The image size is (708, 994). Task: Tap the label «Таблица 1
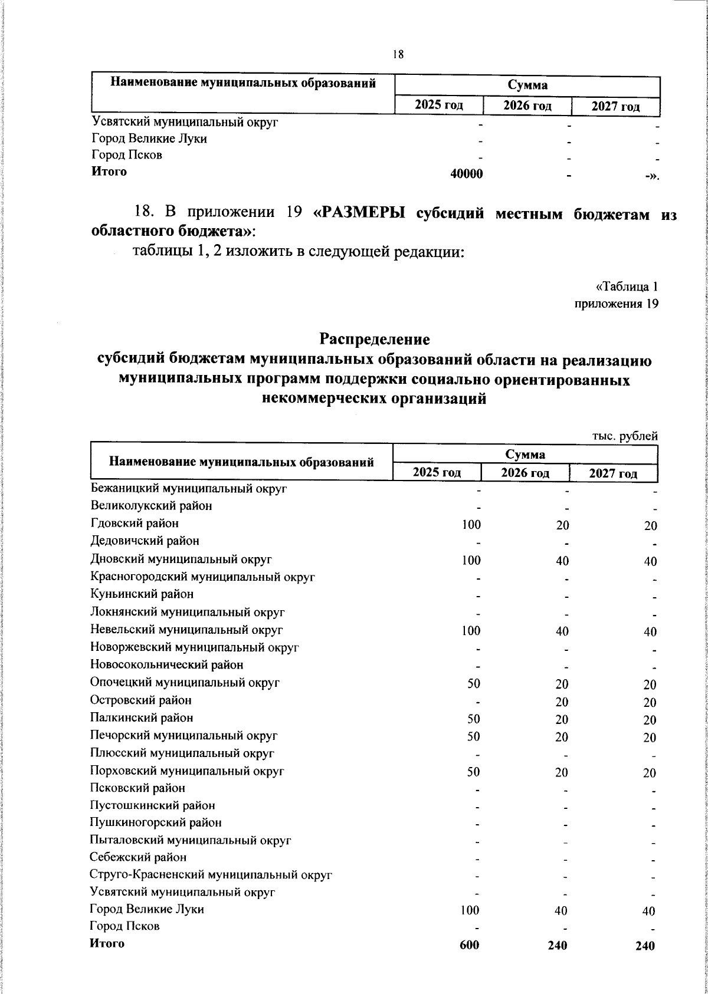627,287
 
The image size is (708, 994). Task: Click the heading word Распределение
375,340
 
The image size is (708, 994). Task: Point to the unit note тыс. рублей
624,436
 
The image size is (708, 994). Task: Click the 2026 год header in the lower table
525,473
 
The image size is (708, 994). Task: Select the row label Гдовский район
135,524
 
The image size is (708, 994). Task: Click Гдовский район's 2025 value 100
471,525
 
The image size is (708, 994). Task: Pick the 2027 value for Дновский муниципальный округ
650,561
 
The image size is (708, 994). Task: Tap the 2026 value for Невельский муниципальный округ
562,631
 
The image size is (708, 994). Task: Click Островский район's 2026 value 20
562,702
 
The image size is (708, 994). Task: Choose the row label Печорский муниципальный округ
183,736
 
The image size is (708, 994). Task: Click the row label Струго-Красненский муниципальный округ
211,875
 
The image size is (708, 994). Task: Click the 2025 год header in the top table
438,106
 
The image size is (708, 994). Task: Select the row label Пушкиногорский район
156,822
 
